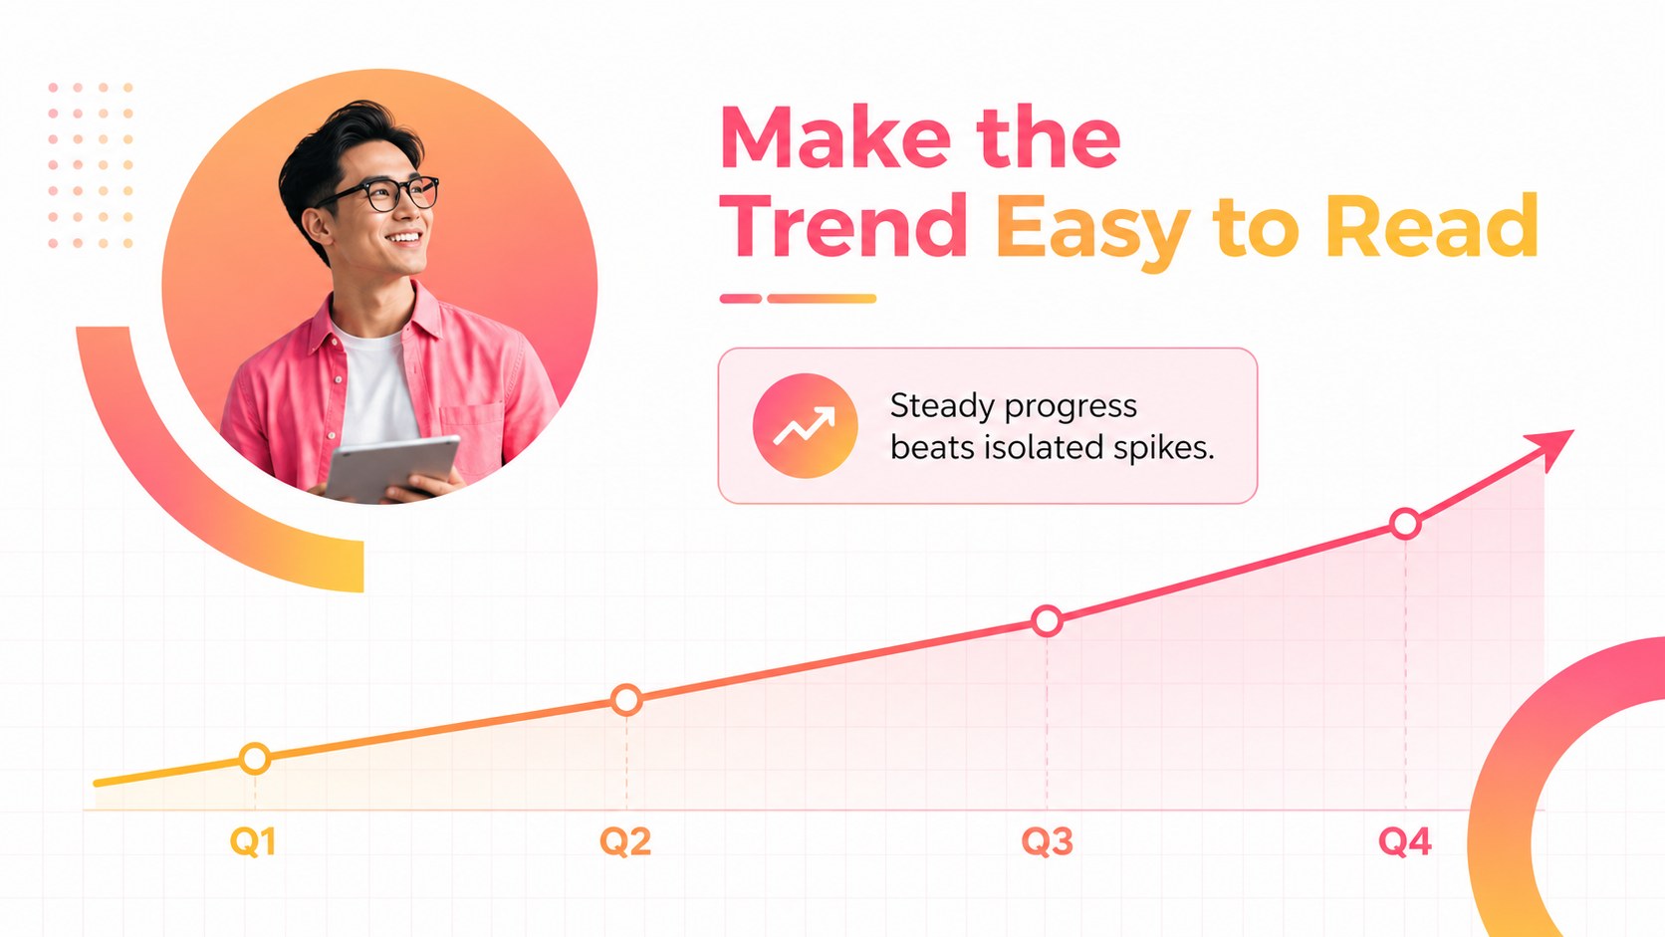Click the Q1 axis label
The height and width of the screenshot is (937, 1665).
(253, 841)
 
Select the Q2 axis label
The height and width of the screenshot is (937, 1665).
(625, 841)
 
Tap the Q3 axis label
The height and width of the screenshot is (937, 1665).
(1048, 841)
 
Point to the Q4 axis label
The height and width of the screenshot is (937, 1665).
(1405, 841)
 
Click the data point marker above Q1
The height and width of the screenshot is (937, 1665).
(255, 759)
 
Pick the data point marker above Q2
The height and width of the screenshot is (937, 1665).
(626, 700)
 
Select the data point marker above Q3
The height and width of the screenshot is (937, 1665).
(1048, 620)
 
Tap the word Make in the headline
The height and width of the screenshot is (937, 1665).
(835, 138)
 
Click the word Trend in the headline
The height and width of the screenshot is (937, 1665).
(843, 226)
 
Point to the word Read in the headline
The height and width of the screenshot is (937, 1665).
(1432, 226)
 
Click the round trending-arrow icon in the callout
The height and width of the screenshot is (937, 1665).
(805, 426)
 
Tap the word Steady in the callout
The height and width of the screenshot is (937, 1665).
(942, 407)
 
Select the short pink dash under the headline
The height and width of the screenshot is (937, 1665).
(741, 299)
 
